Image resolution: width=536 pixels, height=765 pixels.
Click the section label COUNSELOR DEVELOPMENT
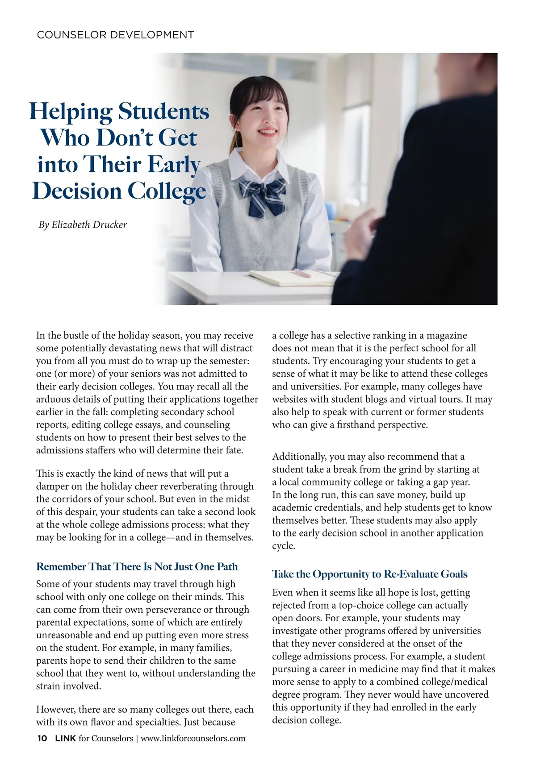coord(115,35)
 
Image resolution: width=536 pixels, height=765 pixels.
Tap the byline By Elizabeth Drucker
coord(83,225)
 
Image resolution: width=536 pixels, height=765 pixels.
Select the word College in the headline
coord(167,191)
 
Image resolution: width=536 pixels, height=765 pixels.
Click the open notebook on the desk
coord(290,277)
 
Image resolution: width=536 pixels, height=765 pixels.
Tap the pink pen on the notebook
coord(302,273)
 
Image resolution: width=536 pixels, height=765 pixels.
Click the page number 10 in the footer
coord(42,738)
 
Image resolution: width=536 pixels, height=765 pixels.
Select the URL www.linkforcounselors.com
coord(193,738)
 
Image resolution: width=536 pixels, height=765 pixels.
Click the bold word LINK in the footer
coord(65,738)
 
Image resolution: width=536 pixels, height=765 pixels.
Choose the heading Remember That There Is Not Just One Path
coord(137,567)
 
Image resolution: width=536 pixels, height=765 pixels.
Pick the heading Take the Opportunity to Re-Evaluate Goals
coord(370,574)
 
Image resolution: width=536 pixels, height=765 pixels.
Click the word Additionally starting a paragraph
coord(299,457)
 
